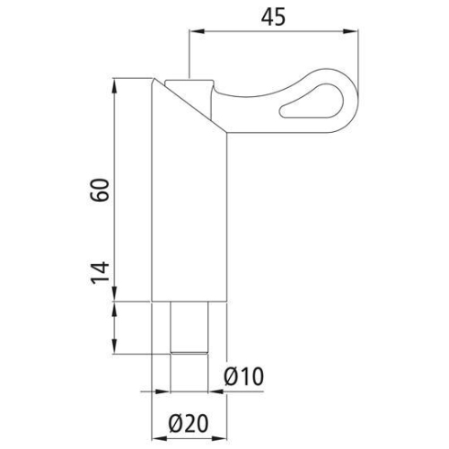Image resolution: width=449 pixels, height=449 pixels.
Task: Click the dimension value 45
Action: pos(274,17)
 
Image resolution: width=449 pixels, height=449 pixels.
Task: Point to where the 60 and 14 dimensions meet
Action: pos(116,303)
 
